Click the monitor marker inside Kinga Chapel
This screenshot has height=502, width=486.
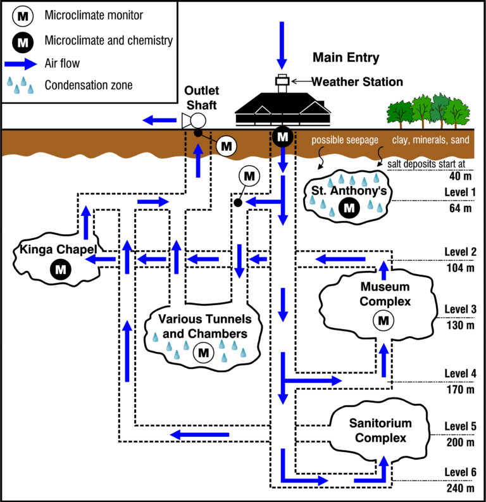(x=61, y=269)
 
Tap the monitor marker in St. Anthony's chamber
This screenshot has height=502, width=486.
(x=349, y=208)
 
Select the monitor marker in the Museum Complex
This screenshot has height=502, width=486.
(x=383, y=320)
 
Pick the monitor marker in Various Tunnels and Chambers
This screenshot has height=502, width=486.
(x=204, y=353)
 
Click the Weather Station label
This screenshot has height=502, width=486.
(x=358, y=82)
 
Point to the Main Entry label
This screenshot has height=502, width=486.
(x=346, y=58)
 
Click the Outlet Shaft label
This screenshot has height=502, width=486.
(x=202, y=97)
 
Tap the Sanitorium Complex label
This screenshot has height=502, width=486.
(x=380, y=430)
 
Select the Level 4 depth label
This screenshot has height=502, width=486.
(x=460, y=373)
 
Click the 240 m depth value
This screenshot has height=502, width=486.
(x=460, y=488)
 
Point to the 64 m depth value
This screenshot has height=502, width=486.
(x=460, y=208)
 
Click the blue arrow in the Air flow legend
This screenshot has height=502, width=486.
(x=21, y=64)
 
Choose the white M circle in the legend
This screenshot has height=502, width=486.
(x=23, y=16)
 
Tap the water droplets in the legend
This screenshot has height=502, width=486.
(x=20, y=85)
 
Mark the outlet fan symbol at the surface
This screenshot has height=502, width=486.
(x=194, y=121)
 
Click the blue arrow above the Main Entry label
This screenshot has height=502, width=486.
(x=282, y=46)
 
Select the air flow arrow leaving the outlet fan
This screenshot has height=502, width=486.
(x=159, y=120)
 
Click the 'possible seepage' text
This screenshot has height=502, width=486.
(x=345, y=140)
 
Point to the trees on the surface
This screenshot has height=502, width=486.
(x=428, y=111)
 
